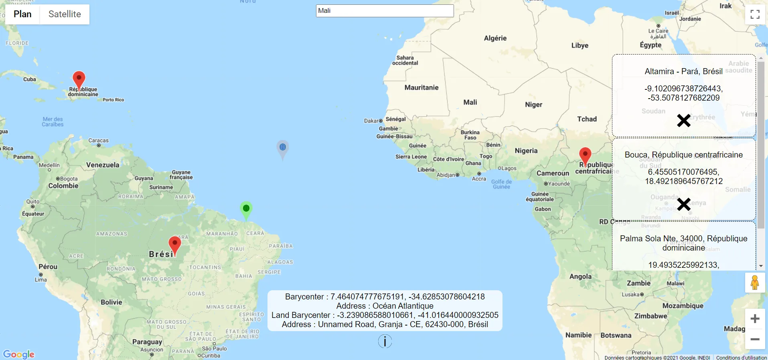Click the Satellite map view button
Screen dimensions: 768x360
click(x=65, y=14)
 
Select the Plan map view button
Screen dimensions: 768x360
click(x=22, y=14)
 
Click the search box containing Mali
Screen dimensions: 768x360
click(x=385, y=11)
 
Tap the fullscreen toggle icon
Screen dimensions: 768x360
click(x=755, y=14)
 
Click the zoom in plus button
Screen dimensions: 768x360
click(x=755, y=319)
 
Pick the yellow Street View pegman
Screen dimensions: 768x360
click(x=755, y=283)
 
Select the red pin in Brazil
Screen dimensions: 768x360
click(x=174, y=244)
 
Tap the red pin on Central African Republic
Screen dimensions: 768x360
click(x=585, y=155)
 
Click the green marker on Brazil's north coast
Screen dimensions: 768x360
click(x=246, y=208)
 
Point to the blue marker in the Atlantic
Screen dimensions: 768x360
click(x=283, y=148)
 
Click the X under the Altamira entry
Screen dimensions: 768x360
click(x=683, y=120)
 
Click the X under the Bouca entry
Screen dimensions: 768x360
click(x=683, y=204)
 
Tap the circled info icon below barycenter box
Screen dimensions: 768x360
click(x=385, y=341)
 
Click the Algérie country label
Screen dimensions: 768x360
click(x=495, y=38)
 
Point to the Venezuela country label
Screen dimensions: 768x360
click(x=103, y=165)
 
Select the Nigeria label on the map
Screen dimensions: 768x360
click(x=526, y=151)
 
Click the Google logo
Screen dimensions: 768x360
click(x=19, y=354)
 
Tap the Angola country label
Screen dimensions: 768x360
click(x=580, y=276)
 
